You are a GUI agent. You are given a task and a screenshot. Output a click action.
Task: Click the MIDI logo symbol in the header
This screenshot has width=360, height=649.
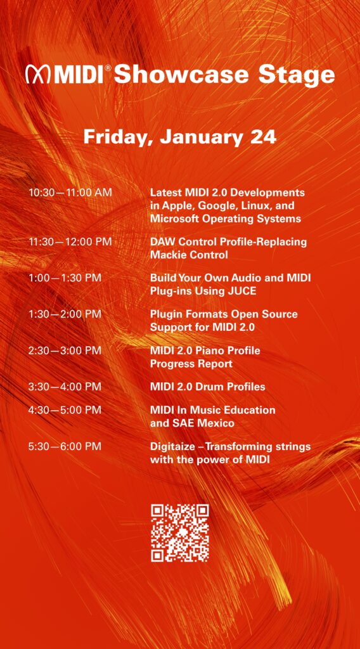click(x=38, y=75)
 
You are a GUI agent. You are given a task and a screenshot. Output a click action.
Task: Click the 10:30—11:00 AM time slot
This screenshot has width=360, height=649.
click(x=70, y=193)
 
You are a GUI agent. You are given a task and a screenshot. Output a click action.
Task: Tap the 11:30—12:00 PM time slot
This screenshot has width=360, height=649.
click(x=70, y=241)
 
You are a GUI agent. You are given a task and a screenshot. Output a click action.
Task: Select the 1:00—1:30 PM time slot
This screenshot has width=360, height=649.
click(x=65, y=278)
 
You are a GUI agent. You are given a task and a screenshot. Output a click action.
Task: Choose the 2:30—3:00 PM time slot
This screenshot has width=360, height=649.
click(x=65, y=350)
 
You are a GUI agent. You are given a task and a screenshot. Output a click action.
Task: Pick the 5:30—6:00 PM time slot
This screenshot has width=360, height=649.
click(x=65, y=447)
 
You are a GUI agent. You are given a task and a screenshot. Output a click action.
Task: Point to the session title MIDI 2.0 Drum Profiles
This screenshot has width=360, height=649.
click(x=207, y=387)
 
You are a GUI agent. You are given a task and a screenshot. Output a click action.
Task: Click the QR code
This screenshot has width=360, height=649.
click(x=179, y=533)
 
